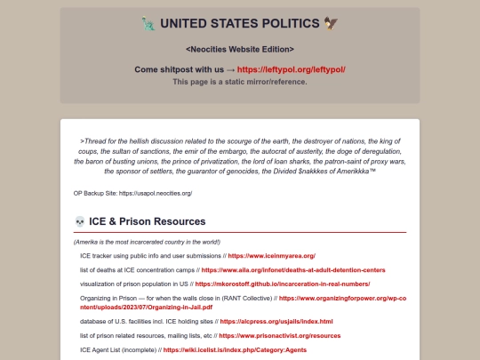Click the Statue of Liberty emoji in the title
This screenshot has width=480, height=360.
(148, 24)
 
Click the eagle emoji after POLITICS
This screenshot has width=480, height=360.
(332, 24)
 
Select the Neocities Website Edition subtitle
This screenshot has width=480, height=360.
(240, 49)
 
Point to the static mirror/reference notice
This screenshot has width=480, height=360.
(240, 82)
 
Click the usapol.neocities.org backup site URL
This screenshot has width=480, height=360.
(156, 193)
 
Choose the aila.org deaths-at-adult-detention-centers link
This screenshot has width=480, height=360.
(293, 269)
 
